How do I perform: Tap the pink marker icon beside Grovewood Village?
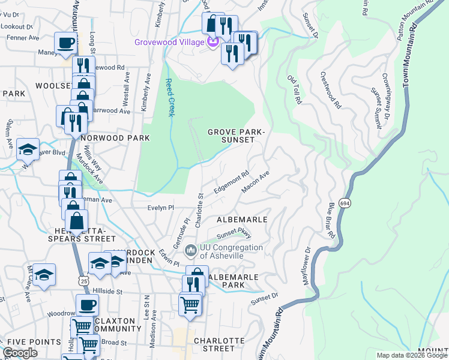[x=211, y=42]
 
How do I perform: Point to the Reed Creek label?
[x=169, y=97]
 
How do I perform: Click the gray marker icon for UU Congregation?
[x=191, y=249]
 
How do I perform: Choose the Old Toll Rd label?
[x=294, y=90]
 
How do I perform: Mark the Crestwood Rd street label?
[x=330, y=91]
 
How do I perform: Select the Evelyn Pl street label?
[x=161, y=208]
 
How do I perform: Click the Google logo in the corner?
[x=20, y=353]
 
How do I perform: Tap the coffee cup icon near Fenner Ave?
[x=66, y=43]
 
